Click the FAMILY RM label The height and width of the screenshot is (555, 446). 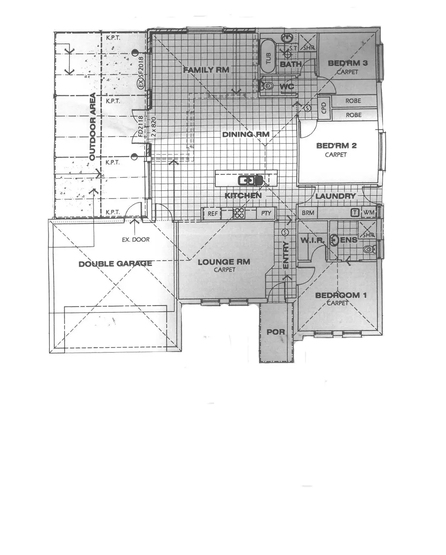pyautogui.click(x=206, y=70)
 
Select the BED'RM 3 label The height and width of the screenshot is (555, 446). pyautogui.click(x=348, y=63)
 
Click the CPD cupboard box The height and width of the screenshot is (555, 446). pyautogui.click(x=324, y=107)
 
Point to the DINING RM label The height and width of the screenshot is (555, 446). pyautogui.click(x=245, y=134)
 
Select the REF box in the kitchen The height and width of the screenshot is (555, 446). pyautogui.click(x=212, y=214)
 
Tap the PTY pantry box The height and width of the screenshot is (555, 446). pyautogui.click(x=266, y=213)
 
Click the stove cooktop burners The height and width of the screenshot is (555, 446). pyautogui.click(x=239, y=213)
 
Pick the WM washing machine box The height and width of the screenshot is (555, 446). pyautogui.click(x=369, y=212)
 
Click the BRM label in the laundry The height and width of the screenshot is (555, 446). pyautogui.click(x=308, y=213)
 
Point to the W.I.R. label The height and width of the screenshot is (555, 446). pyautogui.click(x=312, y=240)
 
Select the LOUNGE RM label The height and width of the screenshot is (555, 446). pyautogui.click(x=224, y=262)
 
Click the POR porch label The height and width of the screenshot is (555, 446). pyautogui.click(x=276, y=332)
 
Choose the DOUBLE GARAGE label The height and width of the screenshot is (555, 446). pyautogui.click(x=115, y=264)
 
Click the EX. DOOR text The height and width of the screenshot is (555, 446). pyautogui.click(x=136, y=240)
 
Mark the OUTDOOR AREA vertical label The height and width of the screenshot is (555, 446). pyautogui.click(x=93, y=126)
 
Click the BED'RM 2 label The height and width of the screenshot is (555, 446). pyautogui.click(x=336, y=146)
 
